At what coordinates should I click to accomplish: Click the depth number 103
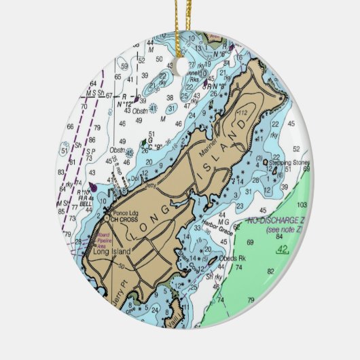tap(301, 204)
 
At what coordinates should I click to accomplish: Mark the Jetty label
tap(151, 183)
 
